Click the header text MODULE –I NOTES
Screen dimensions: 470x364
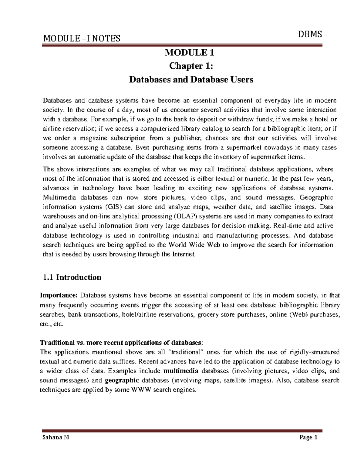pos(82,38)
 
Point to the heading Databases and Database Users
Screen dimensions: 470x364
pos(191,80)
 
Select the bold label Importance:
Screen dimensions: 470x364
pos(59,295)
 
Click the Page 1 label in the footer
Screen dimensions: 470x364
pos(308,438)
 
